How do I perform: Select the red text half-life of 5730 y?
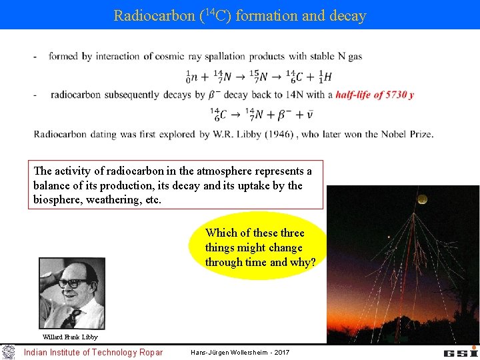point(374,95)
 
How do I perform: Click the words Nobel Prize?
point(407,133)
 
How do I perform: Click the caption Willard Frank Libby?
point(70,337)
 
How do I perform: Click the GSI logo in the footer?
point(460,351)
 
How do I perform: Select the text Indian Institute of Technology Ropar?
point(93,352)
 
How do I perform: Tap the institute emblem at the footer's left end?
point(9,351)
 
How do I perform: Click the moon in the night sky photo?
point(421,198)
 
